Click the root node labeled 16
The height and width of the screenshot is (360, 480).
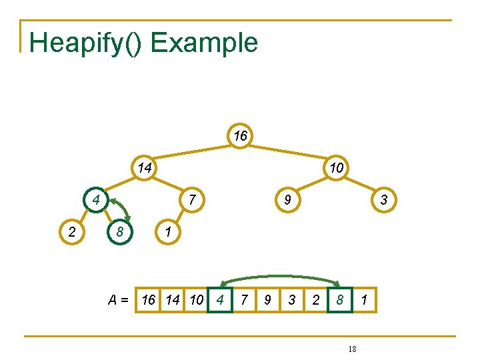[x=241, y=136]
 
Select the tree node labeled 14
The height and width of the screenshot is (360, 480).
[x=144, y=167]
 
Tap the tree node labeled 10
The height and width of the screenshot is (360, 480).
[x=337, y=167]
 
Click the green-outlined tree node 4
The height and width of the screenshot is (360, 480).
[x=96, y=199]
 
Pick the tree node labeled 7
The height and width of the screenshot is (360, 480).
[x=192, y=199]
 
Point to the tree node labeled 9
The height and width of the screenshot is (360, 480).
[x=288, y=199]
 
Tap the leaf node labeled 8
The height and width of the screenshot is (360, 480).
[x=120, y=231]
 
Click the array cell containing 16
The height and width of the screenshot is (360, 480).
[x=149, y=300]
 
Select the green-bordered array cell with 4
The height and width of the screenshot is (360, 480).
[x=220, y=300]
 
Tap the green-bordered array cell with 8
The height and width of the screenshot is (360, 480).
[x=340, y=300]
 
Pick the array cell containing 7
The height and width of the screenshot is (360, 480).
[x=244, y=300]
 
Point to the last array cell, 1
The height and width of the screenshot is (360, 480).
[x=364, y=300]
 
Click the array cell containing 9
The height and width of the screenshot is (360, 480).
[x=268, y=300]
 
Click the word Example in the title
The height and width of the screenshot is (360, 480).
[x=204, y=43]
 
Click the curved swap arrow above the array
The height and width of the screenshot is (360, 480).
[x=280, y=276]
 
